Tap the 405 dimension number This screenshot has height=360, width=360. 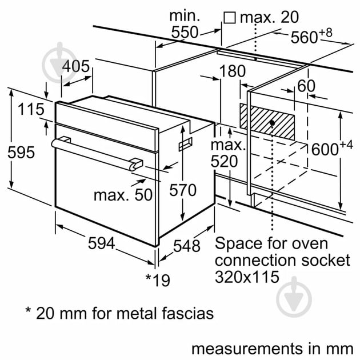click(x=75, y=66)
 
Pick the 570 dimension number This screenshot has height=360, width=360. click(x=182, y=191)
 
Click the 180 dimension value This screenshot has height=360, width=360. click(x=231, y=72)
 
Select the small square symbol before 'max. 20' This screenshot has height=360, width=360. click(x=230, y=18)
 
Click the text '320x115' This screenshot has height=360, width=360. click(x=247, y=277)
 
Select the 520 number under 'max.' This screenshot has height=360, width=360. click(x=223, y=162)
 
